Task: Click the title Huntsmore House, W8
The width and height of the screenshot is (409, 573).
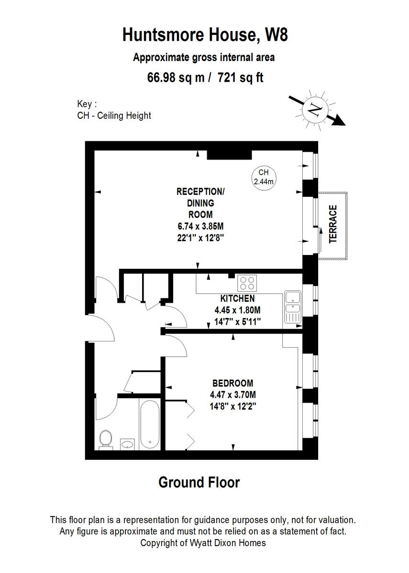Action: (205, 35)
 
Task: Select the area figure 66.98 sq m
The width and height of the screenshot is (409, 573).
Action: (177, 77)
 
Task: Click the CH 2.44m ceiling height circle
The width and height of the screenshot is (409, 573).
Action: (264, 177)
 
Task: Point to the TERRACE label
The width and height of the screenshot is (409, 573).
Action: (333, 224)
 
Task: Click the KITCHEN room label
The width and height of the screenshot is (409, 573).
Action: (234, 298)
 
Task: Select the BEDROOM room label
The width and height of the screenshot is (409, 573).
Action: (232, 383)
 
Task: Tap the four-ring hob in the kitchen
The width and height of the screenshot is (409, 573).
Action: (247, 283)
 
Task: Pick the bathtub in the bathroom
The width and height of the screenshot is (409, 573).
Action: (149, 425)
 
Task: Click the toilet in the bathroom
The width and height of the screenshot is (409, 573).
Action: (105, 439)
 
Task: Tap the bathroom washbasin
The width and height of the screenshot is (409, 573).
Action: (127, 445)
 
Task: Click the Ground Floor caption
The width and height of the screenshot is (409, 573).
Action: (199, 482)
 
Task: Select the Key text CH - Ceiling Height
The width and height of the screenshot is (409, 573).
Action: (114, 116)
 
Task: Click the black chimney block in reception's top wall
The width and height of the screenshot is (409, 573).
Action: (229, 155)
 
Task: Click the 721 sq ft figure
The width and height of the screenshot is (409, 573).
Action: (241, 77)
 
